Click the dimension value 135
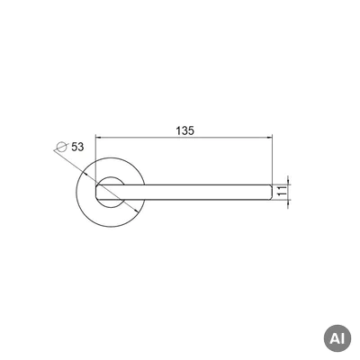[x=185, y=130]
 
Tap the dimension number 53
[x=77, y=147]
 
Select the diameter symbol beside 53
[x=61, y=147]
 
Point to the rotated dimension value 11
[x=281, y=192]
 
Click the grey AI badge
[x=337, y=338]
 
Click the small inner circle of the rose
[x=111, y=177]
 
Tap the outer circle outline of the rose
[x=111, y=157]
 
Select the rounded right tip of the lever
[x=271, y=193]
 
